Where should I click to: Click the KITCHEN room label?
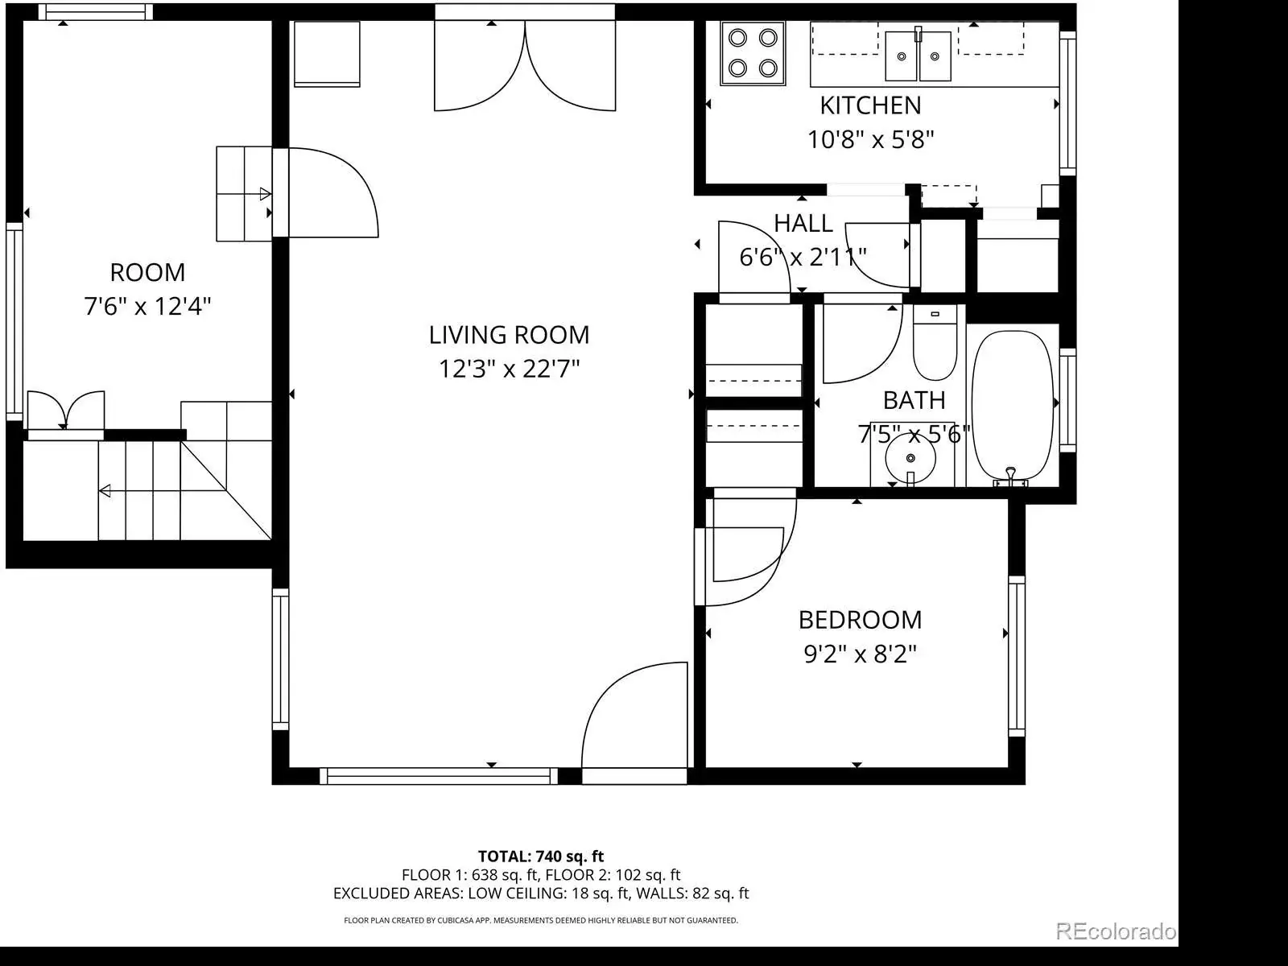870,105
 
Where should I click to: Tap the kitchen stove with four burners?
753,54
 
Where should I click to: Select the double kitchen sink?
918,56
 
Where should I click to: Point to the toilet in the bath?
935,343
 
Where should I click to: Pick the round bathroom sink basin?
910,458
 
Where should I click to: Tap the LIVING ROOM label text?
509,335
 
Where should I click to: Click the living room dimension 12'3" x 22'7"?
509,369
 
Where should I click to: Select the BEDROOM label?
860,620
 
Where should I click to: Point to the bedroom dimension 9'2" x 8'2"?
860,654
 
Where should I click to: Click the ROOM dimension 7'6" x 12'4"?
147,306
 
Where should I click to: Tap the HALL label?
803,224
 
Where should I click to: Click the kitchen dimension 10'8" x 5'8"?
870,139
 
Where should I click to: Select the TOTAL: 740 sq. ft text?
540,857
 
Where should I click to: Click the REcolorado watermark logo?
1116,931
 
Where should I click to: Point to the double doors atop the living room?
525,66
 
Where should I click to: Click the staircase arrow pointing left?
141,491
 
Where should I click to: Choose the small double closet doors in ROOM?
66,411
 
